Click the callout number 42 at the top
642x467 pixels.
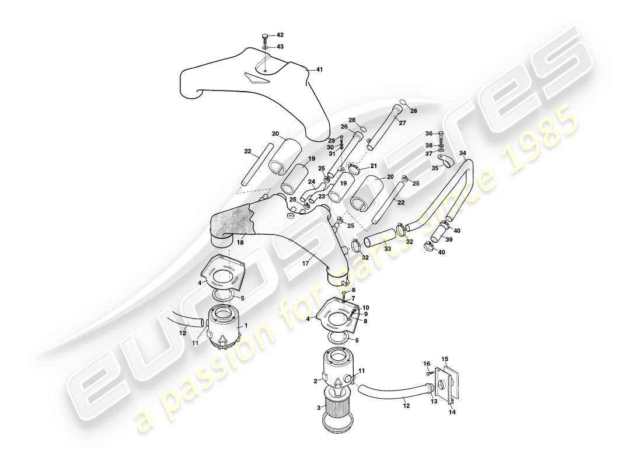[x=280, y=35]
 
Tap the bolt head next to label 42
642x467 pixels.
[x=264, y=36]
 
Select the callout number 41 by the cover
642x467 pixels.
[x=319, y=69]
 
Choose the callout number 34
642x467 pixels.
[x=463, y=154]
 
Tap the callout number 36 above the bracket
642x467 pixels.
[x=429, y=133]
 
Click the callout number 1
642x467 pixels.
[x=246, y=325]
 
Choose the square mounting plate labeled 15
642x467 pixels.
[x=449, y=383]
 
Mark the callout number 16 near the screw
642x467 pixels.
[x=427, y=363]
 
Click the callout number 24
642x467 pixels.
[x=311, y=182]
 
